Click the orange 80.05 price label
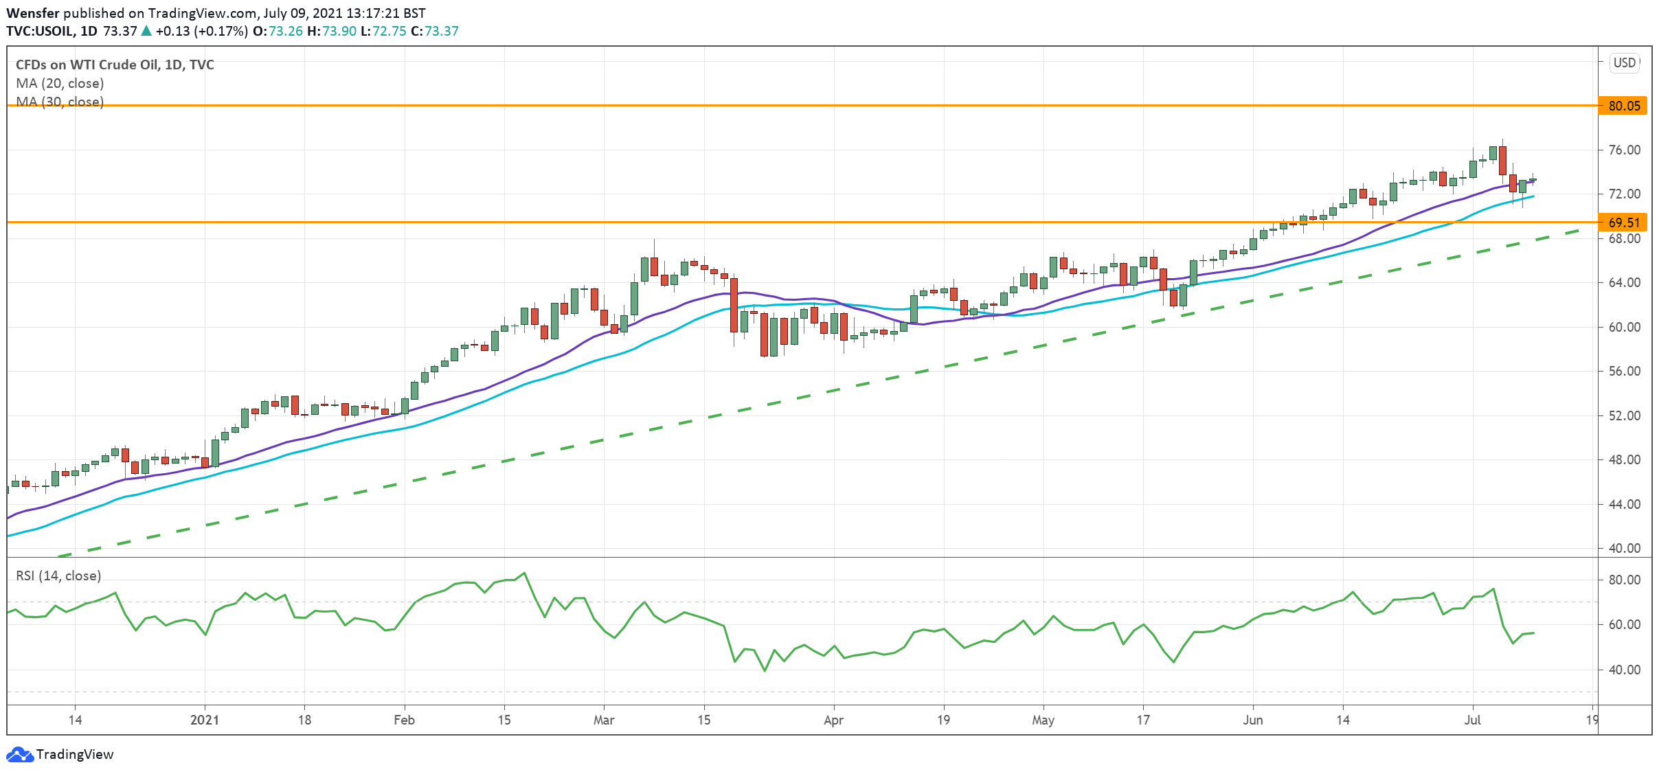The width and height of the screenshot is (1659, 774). [1623, 106]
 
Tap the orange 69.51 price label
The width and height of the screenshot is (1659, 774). [1623, 223]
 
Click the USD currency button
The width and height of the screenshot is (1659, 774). [1624, 63]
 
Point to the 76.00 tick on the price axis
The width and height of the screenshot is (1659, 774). [1624, 150]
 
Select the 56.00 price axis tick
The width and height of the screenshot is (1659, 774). [1624, 371]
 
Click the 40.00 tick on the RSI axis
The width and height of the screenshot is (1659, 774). [1624, 670]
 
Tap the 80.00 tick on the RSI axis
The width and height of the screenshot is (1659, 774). [1624, 580]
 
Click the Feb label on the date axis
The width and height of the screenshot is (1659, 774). [404, 720]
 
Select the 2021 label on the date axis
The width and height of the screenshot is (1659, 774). [205, 720]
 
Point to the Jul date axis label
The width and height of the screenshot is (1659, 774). [1472, 720]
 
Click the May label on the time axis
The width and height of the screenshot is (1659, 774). [1043, 720]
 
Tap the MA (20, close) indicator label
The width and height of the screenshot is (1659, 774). [60, 83]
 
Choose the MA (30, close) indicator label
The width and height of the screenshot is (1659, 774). [60, 102]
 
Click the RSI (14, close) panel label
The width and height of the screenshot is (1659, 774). [58, 576]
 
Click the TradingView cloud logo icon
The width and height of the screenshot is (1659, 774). [19, 754]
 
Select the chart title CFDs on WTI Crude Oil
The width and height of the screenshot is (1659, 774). [115, 65]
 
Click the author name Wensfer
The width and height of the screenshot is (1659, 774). [32, 13]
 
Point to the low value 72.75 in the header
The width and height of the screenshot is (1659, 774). [390, 31]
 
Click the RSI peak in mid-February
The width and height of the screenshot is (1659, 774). [524, 573]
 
